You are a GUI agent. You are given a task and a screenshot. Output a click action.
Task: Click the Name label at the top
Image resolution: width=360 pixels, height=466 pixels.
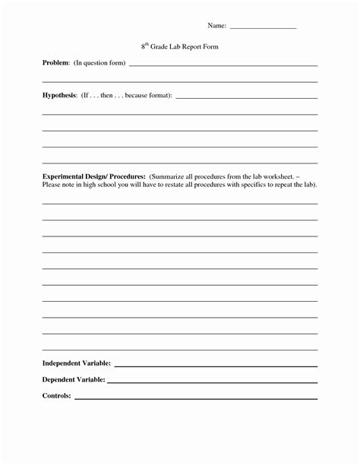pos(216,27)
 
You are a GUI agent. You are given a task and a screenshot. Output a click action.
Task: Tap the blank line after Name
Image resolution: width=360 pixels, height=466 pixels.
pos(262,29)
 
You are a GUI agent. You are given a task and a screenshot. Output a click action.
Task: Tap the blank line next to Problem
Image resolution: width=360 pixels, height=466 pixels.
pos(223,66)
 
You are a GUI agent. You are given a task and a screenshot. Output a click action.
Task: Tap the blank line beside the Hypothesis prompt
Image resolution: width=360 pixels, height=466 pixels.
pos(246,99)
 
